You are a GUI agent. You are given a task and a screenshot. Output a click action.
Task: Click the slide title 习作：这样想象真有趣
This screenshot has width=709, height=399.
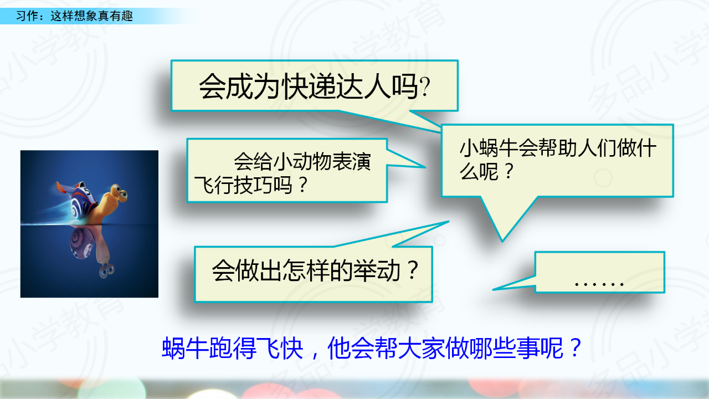coord(74,16)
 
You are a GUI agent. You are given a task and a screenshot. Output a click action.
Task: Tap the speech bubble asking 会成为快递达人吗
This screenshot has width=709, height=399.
coord(314,85)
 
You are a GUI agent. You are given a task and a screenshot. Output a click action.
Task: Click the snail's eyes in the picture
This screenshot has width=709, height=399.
coord(119,191)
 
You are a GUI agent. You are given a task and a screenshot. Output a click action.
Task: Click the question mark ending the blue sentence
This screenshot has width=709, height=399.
coord(576,347)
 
